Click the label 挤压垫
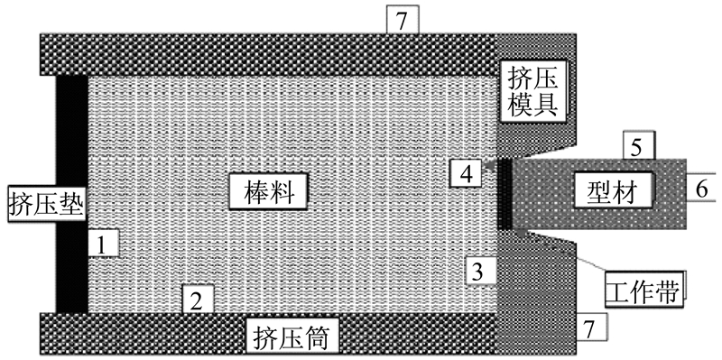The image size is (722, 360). (x=47, y=205)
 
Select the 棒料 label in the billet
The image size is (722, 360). (x=269, y=192)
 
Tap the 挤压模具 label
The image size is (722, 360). (x=532, y=92)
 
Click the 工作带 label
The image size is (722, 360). (x=643, y=288)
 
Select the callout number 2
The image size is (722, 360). (x=197, y=300)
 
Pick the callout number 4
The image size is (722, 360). (x=467, y=174)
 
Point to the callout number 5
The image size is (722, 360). (x=638, y=146)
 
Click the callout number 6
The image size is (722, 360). (x=701, y=188)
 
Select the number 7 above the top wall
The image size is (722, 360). (x=402, y=21)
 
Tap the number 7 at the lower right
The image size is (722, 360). (x=591, y=328)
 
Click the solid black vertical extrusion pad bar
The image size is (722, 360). (x=72, y=194)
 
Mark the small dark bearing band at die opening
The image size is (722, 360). (x=505, y=194)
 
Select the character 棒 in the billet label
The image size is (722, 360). (x=255, y=192)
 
